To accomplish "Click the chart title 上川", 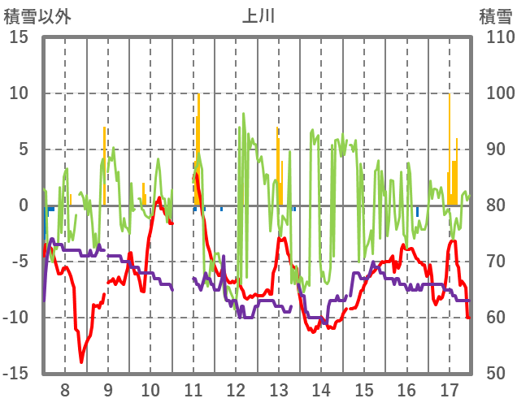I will [x=258, y=15].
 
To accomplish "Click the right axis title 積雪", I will [x=494, y=15].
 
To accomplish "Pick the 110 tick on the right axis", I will [x=493, y=37].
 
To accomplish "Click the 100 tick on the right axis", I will [x=493, y=93].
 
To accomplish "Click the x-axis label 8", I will [x=65, y=389].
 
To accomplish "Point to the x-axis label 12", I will [x=236, y=389].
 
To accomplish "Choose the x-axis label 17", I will [x=449, y=389].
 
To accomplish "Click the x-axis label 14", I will [x=321, y=389].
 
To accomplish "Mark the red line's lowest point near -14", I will [x=81, y=362].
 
